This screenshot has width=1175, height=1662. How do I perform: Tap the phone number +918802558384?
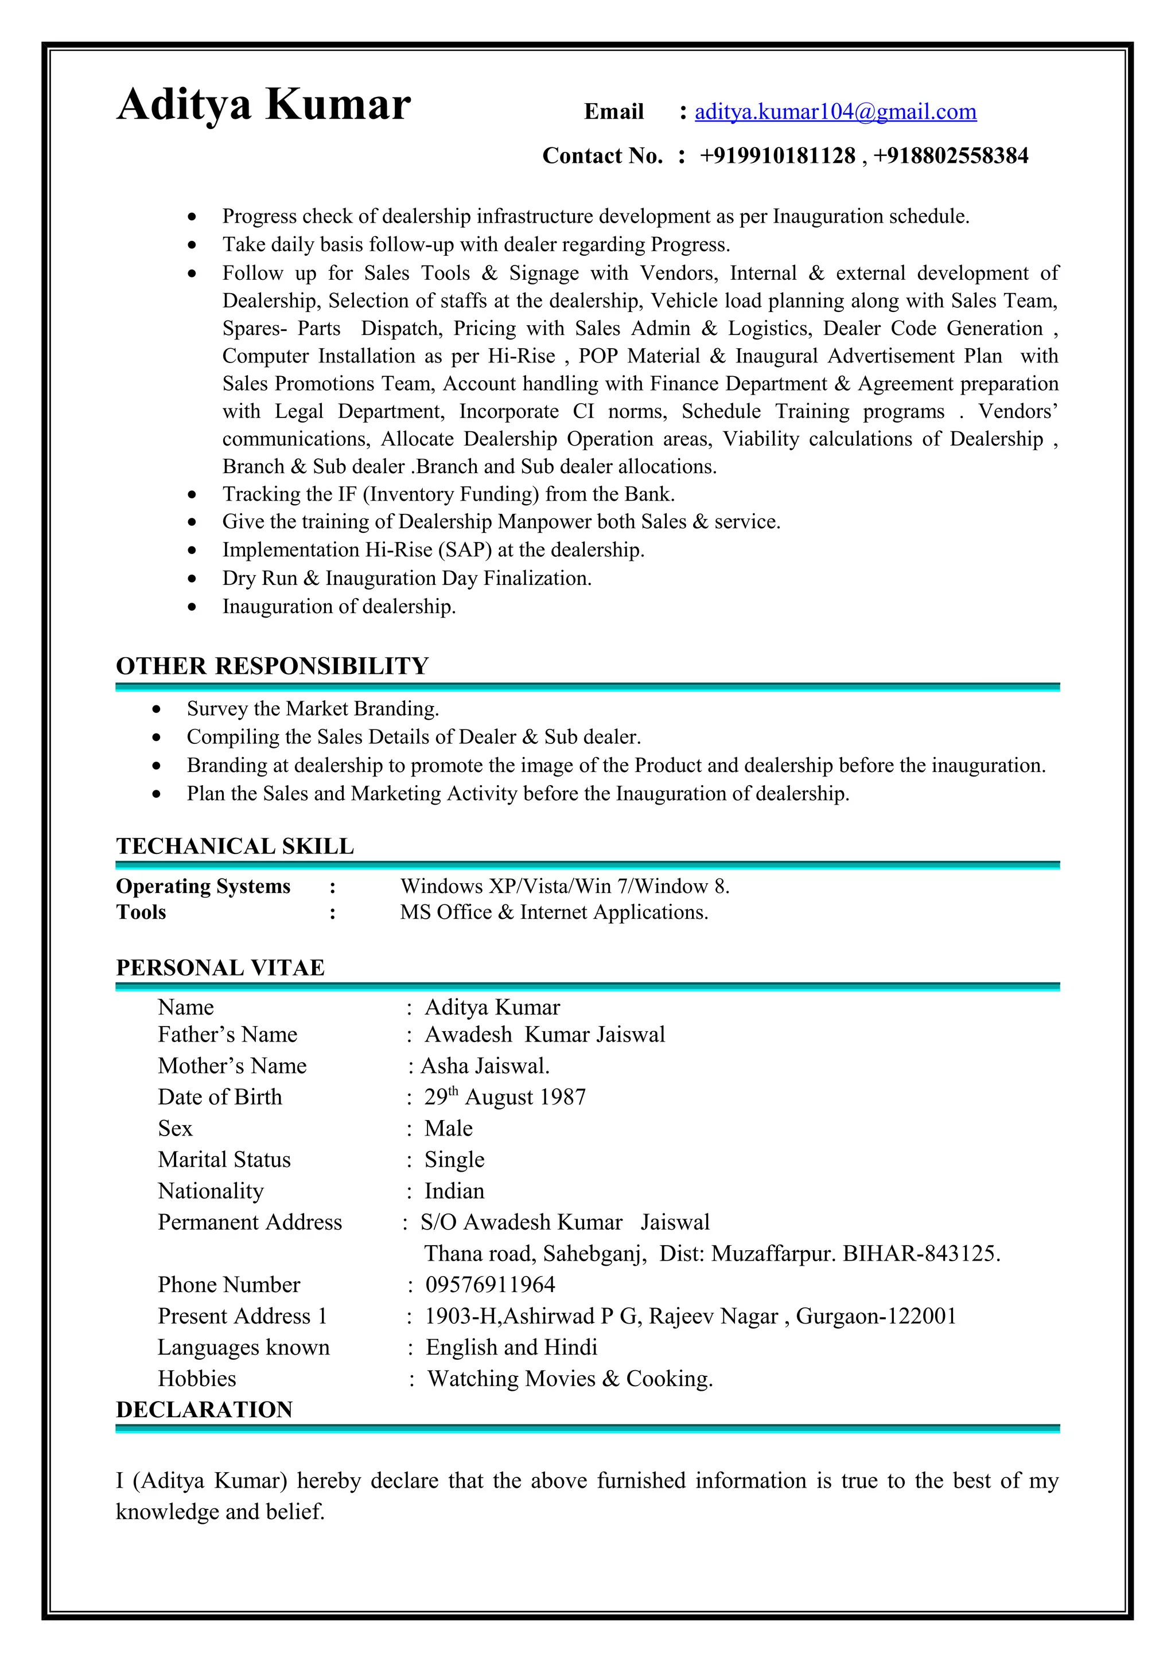(950, 155)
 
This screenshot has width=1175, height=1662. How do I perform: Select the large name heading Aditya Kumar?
(263, 104)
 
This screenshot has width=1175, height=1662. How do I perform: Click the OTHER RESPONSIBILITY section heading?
(272, 666)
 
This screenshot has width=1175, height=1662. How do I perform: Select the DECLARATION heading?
(204, 1409)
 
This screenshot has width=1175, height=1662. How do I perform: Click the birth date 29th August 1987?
(505, 1097)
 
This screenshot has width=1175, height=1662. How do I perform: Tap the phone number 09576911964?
(490, 1285)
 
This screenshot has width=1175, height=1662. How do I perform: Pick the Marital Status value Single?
(454, 1160)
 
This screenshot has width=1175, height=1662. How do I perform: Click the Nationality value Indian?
(454, 1191)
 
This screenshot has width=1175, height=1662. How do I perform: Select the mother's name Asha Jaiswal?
(485, 1066)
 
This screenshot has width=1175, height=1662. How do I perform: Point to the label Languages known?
(243, 1347)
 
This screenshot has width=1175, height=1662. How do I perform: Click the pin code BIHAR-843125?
(921, 1253)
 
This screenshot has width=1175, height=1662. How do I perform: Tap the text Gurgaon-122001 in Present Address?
(876, 1316)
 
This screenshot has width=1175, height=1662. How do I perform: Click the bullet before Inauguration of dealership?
(192, 607)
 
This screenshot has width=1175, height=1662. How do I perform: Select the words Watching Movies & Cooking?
(570, 1378)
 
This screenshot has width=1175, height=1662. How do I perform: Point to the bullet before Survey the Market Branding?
(157, 709)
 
